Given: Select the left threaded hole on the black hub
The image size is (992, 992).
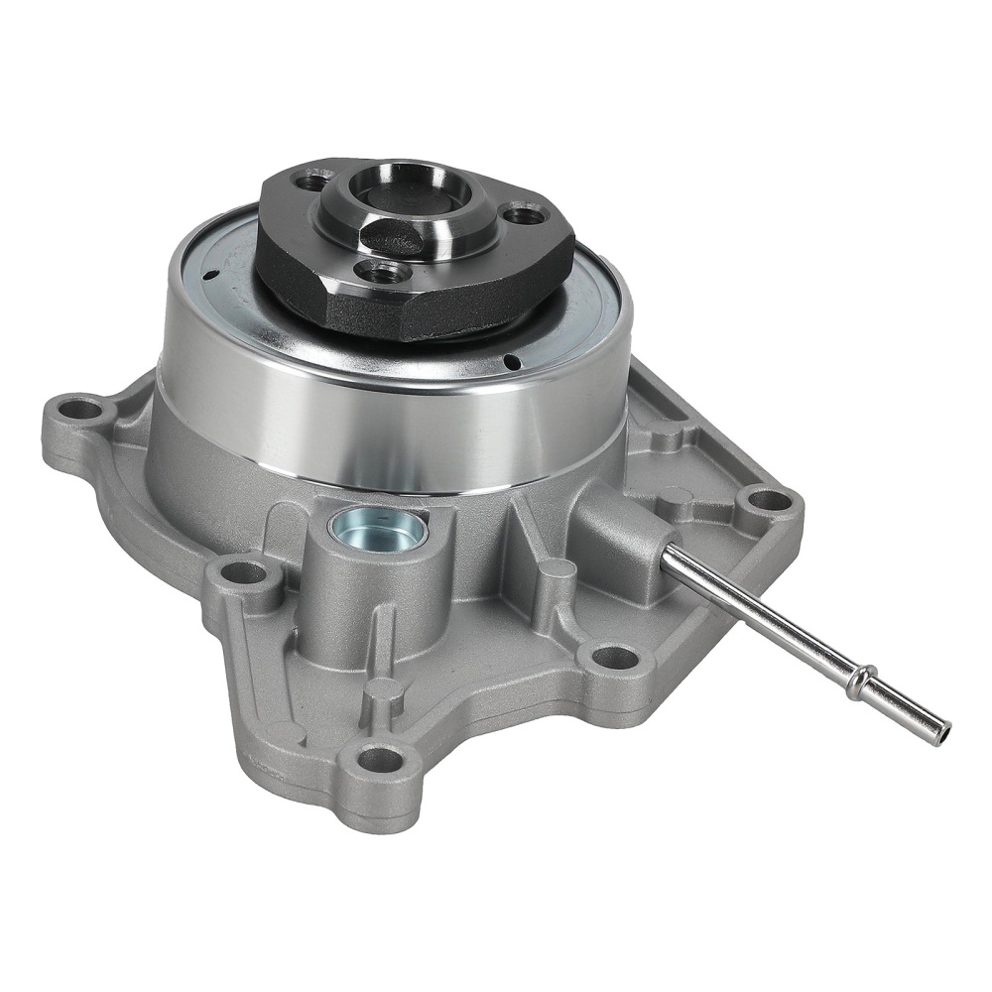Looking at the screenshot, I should point(315,182).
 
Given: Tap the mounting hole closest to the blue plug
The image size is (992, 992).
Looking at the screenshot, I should point(241,572).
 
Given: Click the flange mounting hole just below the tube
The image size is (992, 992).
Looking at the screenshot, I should point(613,656).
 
